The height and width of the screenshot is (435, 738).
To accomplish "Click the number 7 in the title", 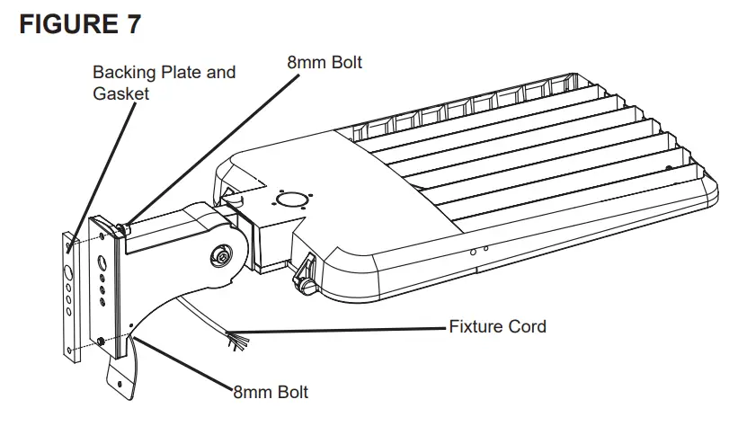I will tap(132, 24).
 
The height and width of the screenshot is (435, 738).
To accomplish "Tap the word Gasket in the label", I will tap(121, 93).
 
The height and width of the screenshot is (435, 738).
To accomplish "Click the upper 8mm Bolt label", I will tap(325, 63).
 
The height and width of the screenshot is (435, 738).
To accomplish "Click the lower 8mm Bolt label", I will tap(271, 393).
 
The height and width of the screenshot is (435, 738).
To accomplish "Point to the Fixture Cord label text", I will tap(497, 326).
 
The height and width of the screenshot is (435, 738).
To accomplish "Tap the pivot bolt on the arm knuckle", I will tap(219, 256).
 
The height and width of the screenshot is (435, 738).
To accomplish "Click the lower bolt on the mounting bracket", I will tap(100, 340).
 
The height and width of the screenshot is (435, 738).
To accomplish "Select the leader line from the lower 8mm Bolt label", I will tap(180, 364).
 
